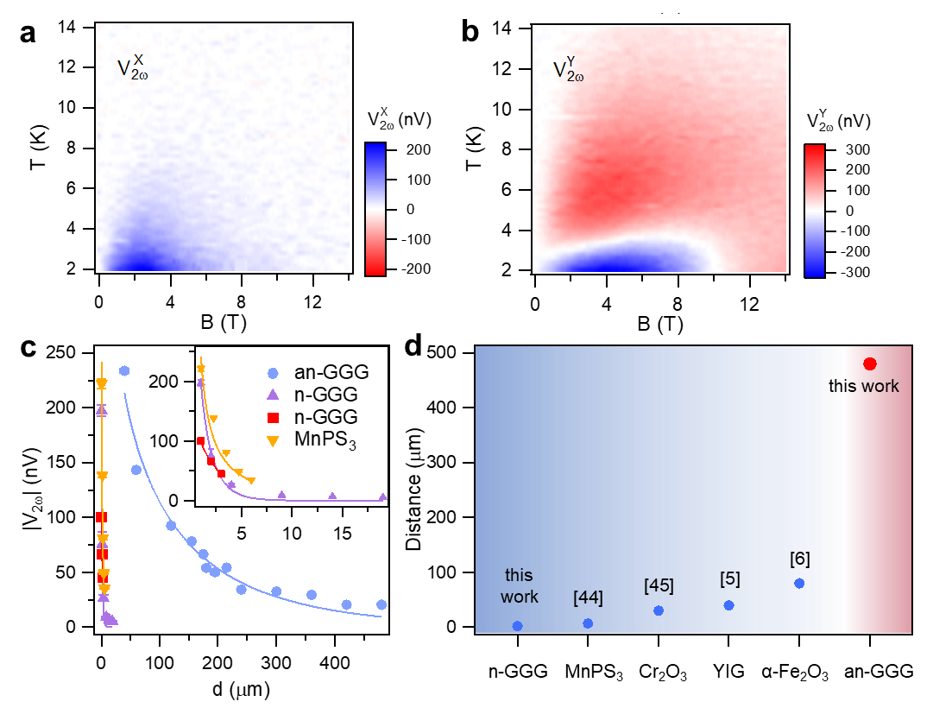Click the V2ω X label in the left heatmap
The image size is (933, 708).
(133, 68)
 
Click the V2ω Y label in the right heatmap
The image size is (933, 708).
(569, 70)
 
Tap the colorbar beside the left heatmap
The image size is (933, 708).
(375, 209)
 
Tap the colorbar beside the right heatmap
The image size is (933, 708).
(814, 211)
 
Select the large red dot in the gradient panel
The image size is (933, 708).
(869, 364)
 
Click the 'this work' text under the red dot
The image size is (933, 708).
(863, 386)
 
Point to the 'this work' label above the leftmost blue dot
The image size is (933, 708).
(519, 585)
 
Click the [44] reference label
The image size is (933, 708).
(588, 597)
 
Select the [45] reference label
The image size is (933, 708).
(659, 585)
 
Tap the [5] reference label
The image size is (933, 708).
(729, 578)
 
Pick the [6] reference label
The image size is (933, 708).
(799, 559)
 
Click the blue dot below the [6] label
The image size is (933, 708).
(799, 584)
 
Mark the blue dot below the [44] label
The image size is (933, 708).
(588, 623)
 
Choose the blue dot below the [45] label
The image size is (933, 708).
(659, 610)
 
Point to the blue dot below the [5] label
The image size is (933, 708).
(729, 605)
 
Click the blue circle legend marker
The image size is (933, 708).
(273, 373)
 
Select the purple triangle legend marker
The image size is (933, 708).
(273, 395)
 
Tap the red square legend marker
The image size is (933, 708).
(273, 418)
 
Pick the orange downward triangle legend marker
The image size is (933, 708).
(273, 441)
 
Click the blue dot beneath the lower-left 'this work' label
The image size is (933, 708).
(517, 626)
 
